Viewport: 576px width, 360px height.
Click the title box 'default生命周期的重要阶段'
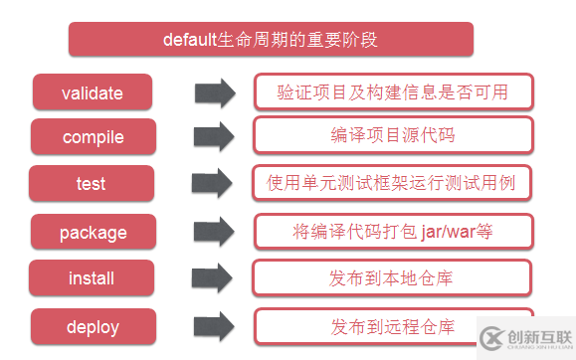click(x=270, y=40)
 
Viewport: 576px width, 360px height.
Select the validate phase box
click(x=93, y=92)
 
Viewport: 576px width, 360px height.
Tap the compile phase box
click(x=93, y=137)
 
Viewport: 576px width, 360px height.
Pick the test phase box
click(x=92, y=184)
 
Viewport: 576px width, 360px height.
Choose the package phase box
click(x=93, y=233)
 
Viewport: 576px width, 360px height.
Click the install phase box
click(x=92, y=278)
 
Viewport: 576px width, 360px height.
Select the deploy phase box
click(x=93, y=326)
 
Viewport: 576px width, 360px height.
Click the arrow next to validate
click(x=214, y=92)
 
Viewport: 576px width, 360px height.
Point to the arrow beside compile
click(x=214, y=137)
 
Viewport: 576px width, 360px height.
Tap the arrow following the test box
click(x=214, y=184)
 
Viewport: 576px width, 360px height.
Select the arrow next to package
click(x=214, y=233)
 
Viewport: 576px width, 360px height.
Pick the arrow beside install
click(x=214, y=278)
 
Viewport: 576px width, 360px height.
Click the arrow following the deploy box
click(x=214, y=326)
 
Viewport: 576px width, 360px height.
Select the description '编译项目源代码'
click(x=393, y=136)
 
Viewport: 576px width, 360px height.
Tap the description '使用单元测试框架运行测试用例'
click(x=393, y=183)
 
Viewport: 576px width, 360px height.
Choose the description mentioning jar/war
click(x=393, y=231)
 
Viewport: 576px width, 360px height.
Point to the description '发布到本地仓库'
click(x=393, y=277)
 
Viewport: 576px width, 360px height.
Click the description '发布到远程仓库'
click(x=393, y=325)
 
